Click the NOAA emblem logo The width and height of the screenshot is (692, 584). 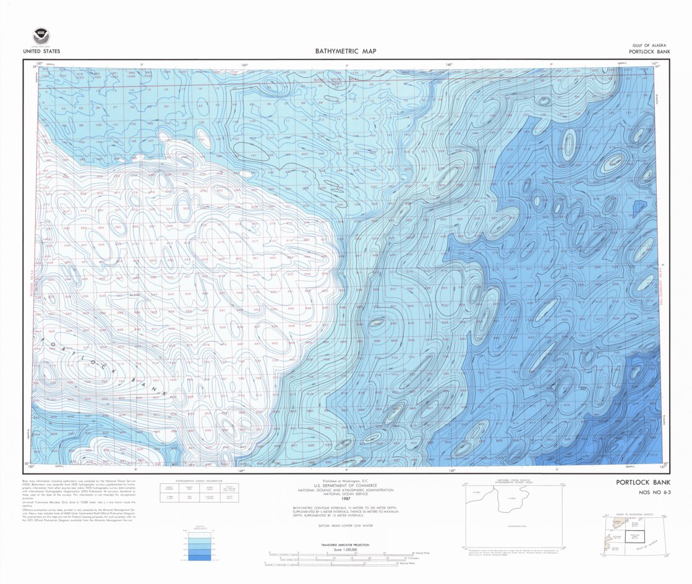coord(41,36)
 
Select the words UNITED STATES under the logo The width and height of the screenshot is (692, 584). coord(41,52)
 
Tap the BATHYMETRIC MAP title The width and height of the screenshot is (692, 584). coord(346,52)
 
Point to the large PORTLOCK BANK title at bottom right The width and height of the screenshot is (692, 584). coord(643,483)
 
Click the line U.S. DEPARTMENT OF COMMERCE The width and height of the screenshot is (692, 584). coord(346,485)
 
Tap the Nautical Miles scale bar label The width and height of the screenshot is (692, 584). coord(405,564)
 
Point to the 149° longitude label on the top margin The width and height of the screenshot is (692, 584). coord(244,64)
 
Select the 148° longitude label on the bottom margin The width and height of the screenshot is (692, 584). coord(452,471)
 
